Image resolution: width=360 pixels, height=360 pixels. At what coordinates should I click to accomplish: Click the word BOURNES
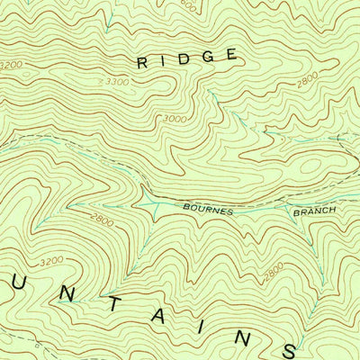click(x=208, y=210)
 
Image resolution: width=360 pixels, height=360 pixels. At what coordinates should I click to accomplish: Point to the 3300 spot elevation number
click(x=112, y=82)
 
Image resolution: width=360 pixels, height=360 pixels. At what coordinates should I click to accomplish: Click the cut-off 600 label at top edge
click(x=187, y=4)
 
